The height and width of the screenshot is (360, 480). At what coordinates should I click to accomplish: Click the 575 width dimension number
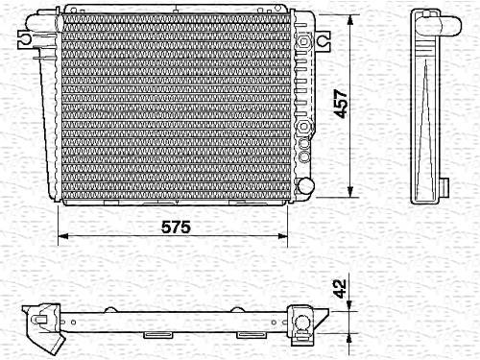tap(176, 227)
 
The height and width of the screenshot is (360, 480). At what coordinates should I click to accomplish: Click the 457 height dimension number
tap(340, 104)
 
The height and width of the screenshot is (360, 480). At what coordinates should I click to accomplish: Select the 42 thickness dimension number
tap(340, 289)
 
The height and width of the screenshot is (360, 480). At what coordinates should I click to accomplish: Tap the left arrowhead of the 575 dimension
tap(63, 236)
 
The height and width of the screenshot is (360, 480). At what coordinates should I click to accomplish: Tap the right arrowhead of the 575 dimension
tap(282, 236)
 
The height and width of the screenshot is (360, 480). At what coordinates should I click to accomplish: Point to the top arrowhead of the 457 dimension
tap(350, 20)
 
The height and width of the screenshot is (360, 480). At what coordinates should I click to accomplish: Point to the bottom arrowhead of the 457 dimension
tap(350, 191)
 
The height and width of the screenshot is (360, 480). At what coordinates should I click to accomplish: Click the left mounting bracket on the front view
tap(24, 39)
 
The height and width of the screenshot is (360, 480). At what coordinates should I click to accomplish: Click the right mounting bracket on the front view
tap(324, 41)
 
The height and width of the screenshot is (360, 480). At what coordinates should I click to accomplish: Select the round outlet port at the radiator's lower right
tap(305, 185)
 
